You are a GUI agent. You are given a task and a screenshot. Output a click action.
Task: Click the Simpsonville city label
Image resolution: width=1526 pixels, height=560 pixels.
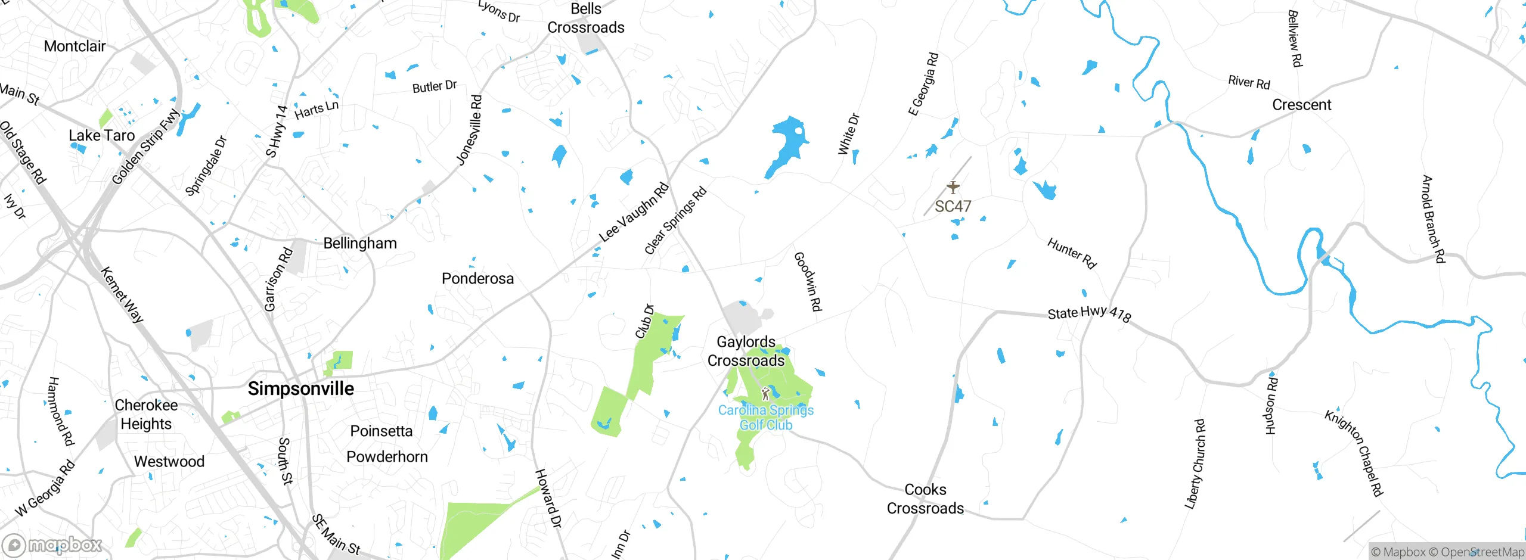(x=300, y=389)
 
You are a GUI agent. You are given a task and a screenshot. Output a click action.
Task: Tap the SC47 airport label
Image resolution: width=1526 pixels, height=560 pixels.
(x=953, y=207)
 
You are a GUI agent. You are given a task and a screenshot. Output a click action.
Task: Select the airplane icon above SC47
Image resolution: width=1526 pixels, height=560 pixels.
(x=953, y=187)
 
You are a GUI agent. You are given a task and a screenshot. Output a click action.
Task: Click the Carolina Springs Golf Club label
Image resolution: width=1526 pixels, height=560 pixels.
(x=766, y=418)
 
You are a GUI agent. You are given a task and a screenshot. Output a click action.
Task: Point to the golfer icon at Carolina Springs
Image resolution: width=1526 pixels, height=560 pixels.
(x=765, y=394)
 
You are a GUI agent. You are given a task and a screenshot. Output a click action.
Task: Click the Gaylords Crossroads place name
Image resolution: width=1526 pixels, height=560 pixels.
(x=746, y=351)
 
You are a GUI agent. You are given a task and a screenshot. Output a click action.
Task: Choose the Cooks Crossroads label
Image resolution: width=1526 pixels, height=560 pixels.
(x=925, y=499)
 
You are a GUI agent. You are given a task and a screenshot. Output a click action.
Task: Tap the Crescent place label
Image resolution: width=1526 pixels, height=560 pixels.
(x=1301, y=105)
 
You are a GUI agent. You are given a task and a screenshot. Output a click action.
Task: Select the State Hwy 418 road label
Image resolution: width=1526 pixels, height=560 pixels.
(x=1089, y=313)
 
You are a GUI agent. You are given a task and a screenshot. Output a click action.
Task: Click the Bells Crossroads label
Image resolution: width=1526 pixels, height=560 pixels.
(x=586, y=18)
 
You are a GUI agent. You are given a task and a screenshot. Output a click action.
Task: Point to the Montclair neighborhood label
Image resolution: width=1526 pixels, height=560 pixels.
(x=75, y=46)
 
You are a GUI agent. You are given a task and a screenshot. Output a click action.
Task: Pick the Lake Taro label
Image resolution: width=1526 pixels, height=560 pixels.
(x=102, y=136)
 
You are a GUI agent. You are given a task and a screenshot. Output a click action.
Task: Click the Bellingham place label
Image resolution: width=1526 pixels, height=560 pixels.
(x=360, y=243)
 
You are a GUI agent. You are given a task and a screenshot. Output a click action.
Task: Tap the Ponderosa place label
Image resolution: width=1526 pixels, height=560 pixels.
(x=477, y=279)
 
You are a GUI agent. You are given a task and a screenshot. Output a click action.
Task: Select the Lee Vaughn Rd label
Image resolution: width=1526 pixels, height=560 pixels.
(x=634, y=213)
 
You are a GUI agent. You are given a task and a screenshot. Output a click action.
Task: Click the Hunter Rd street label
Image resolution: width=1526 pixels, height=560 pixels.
(x=1072, y=253)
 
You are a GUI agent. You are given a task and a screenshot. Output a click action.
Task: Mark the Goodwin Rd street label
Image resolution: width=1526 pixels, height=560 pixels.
(x=808, y=281)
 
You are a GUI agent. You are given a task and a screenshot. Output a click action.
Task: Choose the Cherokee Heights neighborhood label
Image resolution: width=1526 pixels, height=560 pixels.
(x=146, y=415)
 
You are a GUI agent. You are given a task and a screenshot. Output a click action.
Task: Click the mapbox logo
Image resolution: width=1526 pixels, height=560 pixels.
(x=52, y=545)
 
